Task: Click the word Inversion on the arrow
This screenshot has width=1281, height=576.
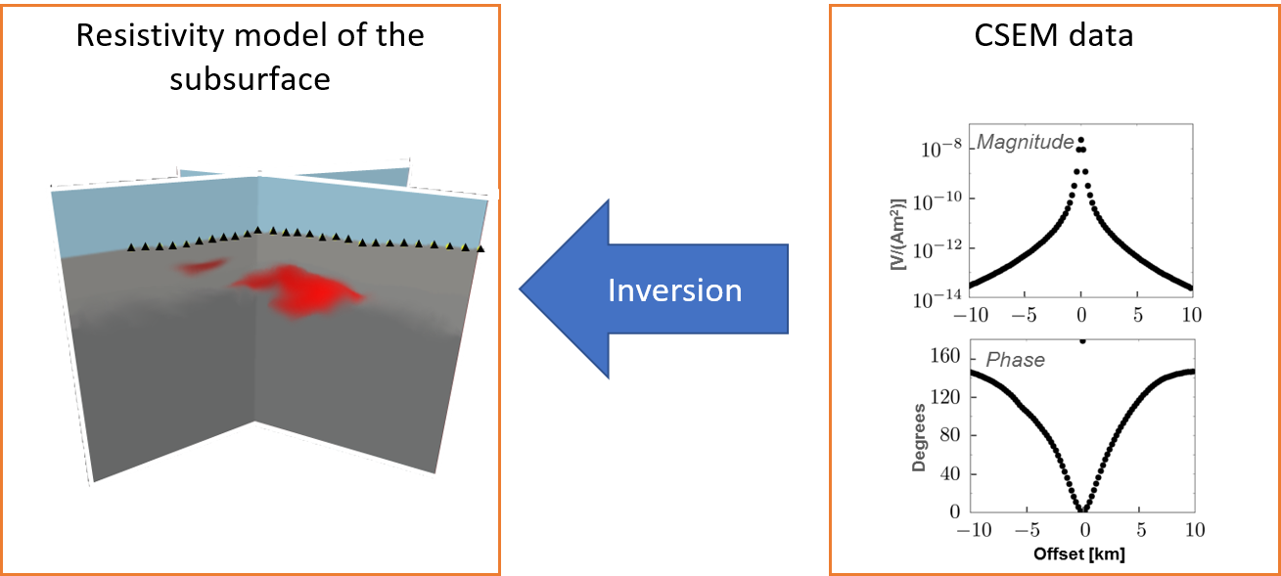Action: coord(675,290)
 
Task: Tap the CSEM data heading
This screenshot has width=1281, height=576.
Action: coord(1053,35)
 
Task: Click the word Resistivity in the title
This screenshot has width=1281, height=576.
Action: coord(150,36)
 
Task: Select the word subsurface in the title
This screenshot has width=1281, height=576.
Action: coord(250,79)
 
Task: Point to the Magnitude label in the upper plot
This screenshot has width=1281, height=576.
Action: coord(1025,142)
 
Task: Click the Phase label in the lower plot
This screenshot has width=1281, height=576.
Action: coord(1015,360)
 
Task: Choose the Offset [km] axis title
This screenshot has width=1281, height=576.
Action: coord(1079,554)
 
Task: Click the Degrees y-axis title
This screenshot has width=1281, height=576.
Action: coord(919,438)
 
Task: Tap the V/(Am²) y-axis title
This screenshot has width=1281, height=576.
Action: coord(898,235)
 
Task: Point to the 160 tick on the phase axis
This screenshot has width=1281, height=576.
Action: coord(944,356)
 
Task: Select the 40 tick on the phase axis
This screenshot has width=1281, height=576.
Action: coord(950,473)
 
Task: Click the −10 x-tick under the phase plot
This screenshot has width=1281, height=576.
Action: coord(975,530)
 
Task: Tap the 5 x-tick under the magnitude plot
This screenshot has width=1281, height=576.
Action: coord(1137,315)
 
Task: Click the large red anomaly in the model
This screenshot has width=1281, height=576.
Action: coord(300,290)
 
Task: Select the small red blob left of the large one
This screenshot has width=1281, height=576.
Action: coord(201,266)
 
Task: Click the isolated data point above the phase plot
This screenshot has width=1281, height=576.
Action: coord(1082,341)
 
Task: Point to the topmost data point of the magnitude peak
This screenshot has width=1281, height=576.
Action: coord(1080,140)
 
